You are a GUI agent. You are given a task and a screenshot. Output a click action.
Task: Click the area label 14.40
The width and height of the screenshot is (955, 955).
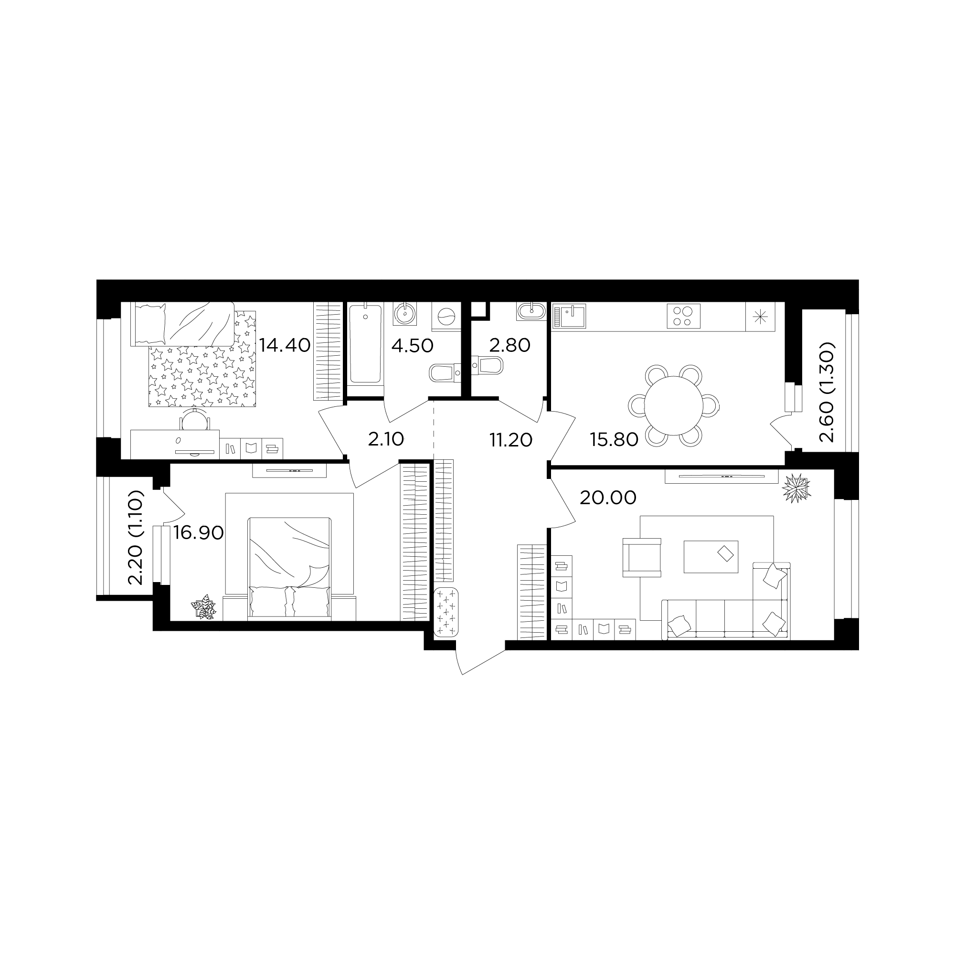(285, 345)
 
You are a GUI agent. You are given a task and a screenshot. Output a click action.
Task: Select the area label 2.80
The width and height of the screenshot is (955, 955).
(509, 345)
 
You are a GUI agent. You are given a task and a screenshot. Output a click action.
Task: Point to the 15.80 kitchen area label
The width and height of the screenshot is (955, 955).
(614, 439)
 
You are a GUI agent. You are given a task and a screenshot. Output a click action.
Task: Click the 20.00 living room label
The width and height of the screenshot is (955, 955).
(607, 497)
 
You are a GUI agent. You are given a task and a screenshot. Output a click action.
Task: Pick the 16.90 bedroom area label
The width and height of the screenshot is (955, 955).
(199, 532)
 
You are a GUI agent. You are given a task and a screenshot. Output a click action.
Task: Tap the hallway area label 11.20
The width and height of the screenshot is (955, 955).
(510, 439)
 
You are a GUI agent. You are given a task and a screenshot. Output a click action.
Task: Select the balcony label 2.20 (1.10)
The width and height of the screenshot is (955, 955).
(135, 538)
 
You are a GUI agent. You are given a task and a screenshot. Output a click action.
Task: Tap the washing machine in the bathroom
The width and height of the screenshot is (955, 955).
(446, 317)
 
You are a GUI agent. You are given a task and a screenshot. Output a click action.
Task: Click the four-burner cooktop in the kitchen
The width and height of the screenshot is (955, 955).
(684, 316)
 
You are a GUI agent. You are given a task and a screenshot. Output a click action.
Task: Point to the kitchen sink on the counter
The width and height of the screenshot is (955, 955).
(569, 315)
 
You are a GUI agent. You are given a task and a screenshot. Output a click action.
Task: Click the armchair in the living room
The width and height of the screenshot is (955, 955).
(642, 558)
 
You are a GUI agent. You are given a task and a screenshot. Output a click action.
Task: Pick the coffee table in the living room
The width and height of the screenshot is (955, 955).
(711, 557)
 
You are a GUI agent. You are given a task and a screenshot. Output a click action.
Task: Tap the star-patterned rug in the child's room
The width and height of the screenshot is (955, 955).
(202, 359)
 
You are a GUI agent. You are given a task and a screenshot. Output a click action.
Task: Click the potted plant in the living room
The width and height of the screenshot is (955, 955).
(796, 488)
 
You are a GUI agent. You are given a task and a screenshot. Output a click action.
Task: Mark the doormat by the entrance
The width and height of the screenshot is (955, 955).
(446, 612)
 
